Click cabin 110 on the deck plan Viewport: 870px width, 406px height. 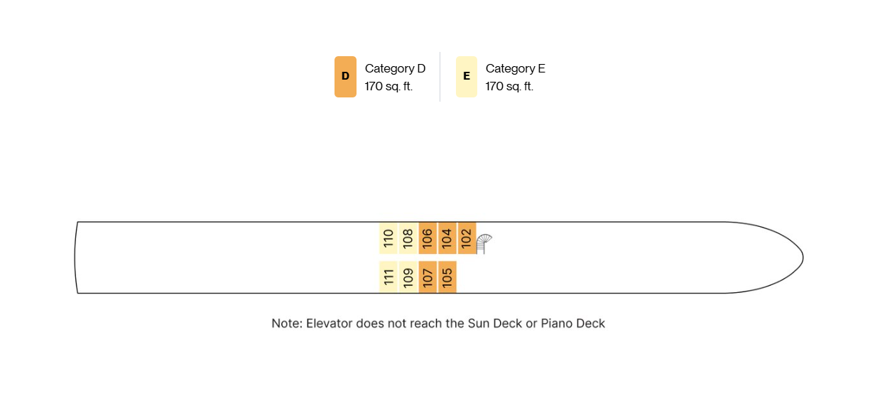click(388, 238)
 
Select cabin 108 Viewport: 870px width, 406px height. click(408, 238)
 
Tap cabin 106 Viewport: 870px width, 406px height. click(428, 238)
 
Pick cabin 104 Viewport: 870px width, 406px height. click(447, 238)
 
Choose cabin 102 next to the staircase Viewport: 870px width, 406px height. click(467, 238)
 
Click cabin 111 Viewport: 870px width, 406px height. click(388, 277)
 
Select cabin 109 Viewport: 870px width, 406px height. click(408, 277)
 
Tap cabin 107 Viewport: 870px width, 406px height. click(428, 277)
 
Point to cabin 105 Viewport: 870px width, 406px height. click(447, 277)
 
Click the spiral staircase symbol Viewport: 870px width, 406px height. click(483, 242)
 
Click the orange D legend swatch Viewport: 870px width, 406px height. click(345, 77)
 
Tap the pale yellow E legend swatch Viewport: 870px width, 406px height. click(467, 77)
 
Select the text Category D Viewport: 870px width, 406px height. click(395, 68)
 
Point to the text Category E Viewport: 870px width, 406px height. click(516, 68)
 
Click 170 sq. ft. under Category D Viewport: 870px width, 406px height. click(388, 86)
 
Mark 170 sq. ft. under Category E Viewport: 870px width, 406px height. click(509, 86)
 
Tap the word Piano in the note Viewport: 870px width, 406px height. click(555, 324)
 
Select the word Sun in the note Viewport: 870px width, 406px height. click(479, 324)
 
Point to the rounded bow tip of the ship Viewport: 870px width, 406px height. click(803, 257)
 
